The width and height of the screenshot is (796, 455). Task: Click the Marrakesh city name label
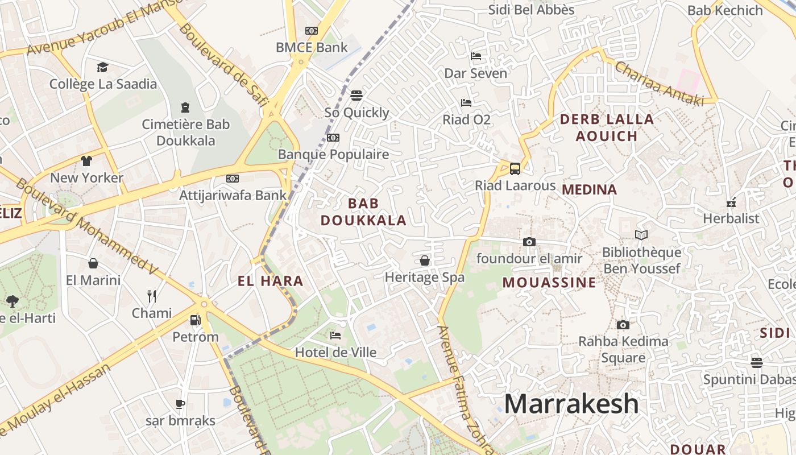[571, 404]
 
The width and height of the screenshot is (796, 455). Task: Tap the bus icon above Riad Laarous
[515, 169]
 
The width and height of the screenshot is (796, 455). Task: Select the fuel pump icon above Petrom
[195, 320]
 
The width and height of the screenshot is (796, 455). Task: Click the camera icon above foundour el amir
[529, 242]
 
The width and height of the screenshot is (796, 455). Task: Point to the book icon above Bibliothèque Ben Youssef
[641, 235]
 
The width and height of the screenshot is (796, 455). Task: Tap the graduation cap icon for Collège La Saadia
[102, 68]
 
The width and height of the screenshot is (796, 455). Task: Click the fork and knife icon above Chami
[151, 296]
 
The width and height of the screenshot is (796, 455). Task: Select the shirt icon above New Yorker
[86, 161]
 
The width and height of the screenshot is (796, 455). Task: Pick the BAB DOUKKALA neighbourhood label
[363, 212]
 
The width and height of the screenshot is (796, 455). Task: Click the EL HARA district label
[270, 281]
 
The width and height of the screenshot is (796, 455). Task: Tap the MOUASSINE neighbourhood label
[549, 283]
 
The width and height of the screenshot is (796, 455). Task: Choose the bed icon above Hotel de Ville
[335, 336]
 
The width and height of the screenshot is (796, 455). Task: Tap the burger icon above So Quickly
[356, 95]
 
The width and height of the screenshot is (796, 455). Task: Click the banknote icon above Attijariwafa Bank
[233, 179]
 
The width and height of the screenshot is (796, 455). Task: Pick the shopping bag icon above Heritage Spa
[424, 260]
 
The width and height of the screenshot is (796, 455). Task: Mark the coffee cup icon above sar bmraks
[180, 404]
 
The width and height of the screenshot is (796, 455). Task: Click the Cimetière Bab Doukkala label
[186, 132]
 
